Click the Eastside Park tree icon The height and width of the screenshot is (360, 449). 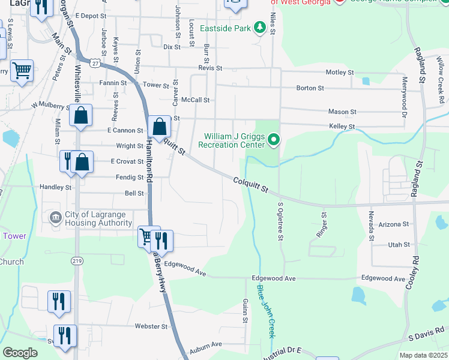[260, 28]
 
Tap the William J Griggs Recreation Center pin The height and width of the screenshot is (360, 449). [274, 140]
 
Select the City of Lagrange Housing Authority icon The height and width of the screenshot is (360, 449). [55, 217]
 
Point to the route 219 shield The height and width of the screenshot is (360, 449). [77, 261]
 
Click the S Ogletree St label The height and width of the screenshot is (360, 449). [280, 221]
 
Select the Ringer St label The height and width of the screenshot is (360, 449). [324, 223]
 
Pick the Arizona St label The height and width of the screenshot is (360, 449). [394, 224]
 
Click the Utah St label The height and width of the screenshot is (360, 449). [399, 245]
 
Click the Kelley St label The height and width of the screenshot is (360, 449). [342, 127]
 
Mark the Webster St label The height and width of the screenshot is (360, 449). [151, 326]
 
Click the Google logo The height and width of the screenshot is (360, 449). [20, 353]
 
